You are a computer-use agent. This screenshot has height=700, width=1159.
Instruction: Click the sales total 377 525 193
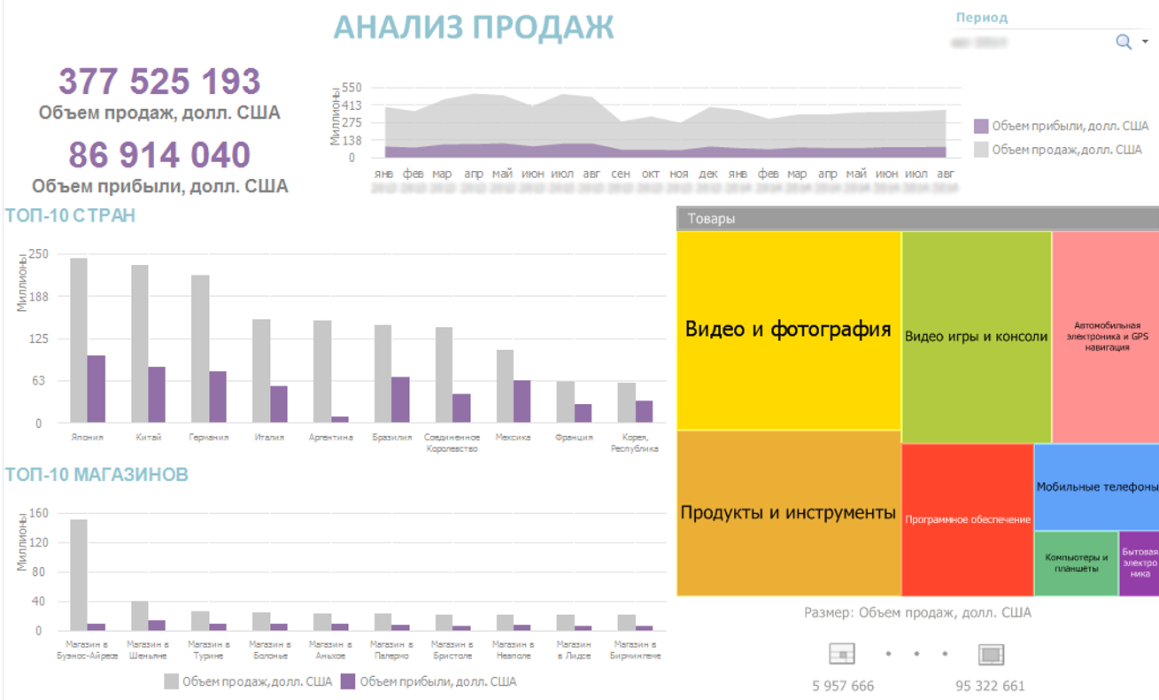coord(159,82)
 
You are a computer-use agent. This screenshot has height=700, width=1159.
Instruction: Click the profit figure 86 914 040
coord(159,155)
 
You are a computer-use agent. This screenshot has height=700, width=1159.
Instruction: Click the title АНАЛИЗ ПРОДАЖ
coord(474,27)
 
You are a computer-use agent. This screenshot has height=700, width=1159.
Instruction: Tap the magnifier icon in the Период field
coord(1124,42)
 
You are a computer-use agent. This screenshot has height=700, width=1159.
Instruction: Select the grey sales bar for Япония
coord(79,340)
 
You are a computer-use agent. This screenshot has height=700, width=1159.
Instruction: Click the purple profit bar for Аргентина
coord(340,419)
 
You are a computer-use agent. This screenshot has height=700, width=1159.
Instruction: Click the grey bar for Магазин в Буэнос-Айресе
coord(79,574)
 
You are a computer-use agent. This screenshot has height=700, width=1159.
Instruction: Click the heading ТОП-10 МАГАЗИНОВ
coord(97,475)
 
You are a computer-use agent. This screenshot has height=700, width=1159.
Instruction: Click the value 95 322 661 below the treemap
coord(990,686)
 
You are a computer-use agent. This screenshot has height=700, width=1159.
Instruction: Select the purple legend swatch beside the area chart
coord(981,127)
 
